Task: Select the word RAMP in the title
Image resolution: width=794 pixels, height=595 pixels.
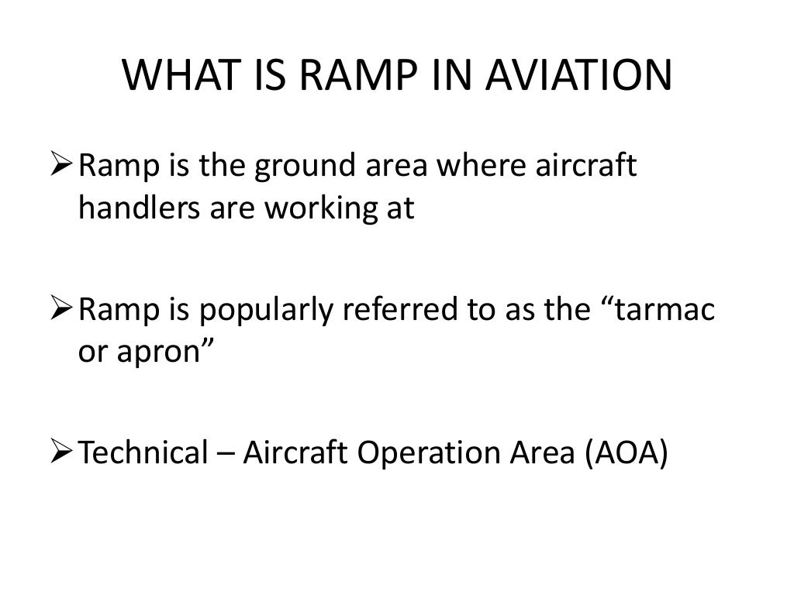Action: click(x=349, y=76)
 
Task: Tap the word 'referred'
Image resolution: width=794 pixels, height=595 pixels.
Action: click(x=392, y=311)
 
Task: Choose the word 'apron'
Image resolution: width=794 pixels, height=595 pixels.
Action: click(x=158, y=353)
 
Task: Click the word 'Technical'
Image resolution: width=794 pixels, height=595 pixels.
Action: click(x=140, y=453)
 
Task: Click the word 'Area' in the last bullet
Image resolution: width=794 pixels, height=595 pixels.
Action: click(x=533, y=453)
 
